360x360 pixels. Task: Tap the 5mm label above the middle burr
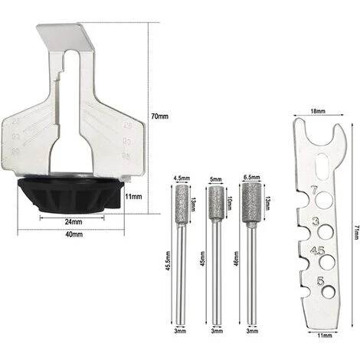[214, 182]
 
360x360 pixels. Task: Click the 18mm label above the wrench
[316, 110]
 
